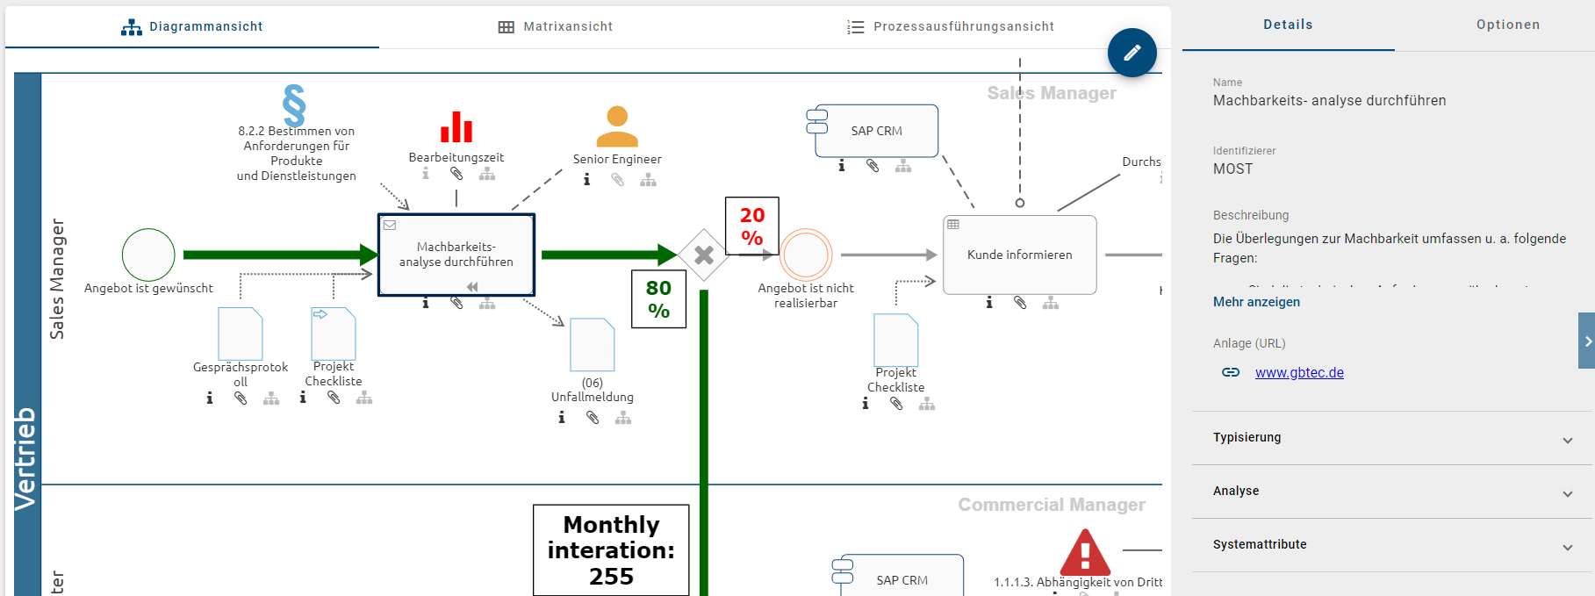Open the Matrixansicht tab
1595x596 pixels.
[556, 27]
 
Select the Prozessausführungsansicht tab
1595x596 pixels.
[951, 27]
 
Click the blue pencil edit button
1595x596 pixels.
[1132, 53]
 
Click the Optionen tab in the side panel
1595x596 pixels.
[1507, 25]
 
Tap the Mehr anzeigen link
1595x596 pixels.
[1256, 302]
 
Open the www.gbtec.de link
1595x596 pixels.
[1299, 373]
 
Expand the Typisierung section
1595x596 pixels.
[1392, 438]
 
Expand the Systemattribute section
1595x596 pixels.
[1392, 545]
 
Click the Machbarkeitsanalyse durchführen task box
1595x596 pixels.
[456, 255]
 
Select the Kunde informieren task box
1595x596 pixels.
[1019, 255]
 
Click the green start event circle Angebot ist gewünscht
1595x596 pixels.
[148, 255]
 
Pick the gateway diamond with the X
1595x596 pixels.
[704, 255]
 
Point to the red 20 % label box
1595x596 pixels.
[752, 226]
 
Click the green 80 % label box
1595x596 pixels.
[658, 299]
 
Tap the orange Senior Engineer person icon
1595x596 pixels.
[617, 126]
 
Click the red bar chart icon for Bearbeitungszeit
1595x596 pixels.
[456, 127]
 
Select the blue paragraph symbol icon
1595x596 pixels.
[294, 105]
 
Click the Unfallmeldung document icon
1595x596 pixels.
[593, 345]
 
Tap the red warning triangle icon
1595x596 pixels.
[1085, 552]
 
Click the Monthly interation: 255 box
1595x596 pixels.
[611, 550]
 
